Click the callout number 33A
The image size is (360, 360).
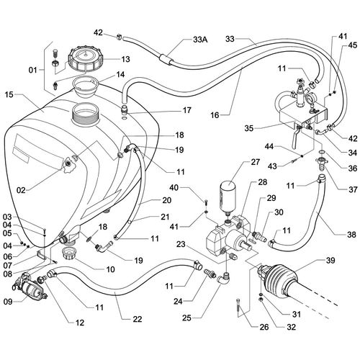tap(200, 40)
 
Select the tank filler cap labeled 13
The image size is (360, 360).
tap(86, 60)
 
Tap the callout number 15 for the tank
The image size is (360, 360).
tap(9, 94)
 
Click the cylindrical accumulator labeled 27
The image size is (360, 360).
tap(229, 197)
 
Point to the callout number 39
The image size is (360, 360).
tap(330, 261)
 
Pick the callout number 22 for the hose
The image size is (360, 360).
tap(137, 319)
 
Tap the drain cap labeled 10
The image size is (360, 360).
tap(69, 253)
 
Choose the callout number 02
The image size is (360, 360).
tap(21, 190)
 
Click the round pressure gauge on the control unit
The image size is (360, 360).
tap(311, 99)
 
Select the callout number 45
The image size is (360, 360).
tap(352, 45)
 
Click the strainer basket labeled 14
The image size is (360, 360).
tap(86, 87)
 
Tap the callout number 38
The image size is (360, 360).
tap(351, 234)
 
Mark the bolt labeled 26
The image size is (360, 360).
tap(238, 308)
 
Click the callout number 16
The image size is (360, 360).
tap(215, 115)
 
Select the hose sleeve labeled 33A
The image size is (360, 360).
tap(166, 59)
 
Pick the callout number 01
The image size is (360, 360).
tap(33, 70)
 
